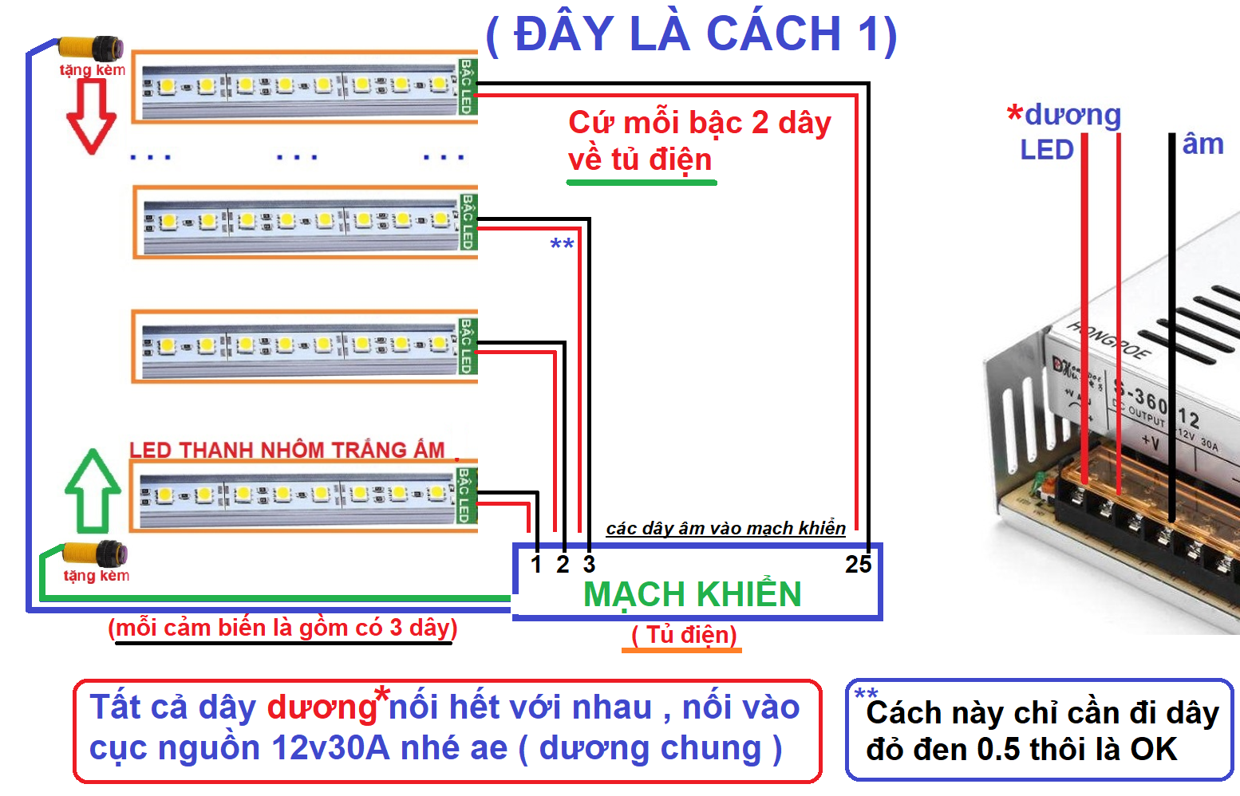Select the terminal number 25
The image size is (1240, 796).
[858, 565]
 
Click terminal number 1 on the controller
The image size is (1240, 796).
[536, 565]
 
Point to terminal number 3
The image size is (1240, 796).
[589, 565]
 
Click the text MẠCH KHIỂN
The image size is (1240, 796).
[692, 595]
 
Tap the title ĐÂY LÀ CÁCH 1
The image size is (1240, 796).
[691, 34]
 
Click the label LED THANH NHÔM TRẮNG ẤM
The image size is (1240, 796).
[287, 450]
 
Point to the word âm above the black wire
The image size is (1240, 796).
[1202, 144]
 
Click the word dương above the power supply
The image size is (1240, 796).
[1072, 115]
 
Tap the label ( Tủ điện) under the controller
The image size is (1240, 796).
[684, 635]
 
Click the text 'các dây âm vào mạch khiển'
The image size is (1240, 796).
[725, 528]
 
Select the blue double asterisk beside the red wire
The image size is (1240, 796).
[562, 244]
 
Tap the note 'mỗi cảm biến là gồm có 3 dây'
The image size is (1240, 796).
[282, 628]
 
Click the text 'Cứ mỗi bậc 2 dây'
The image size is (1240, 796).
[699, 123]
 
